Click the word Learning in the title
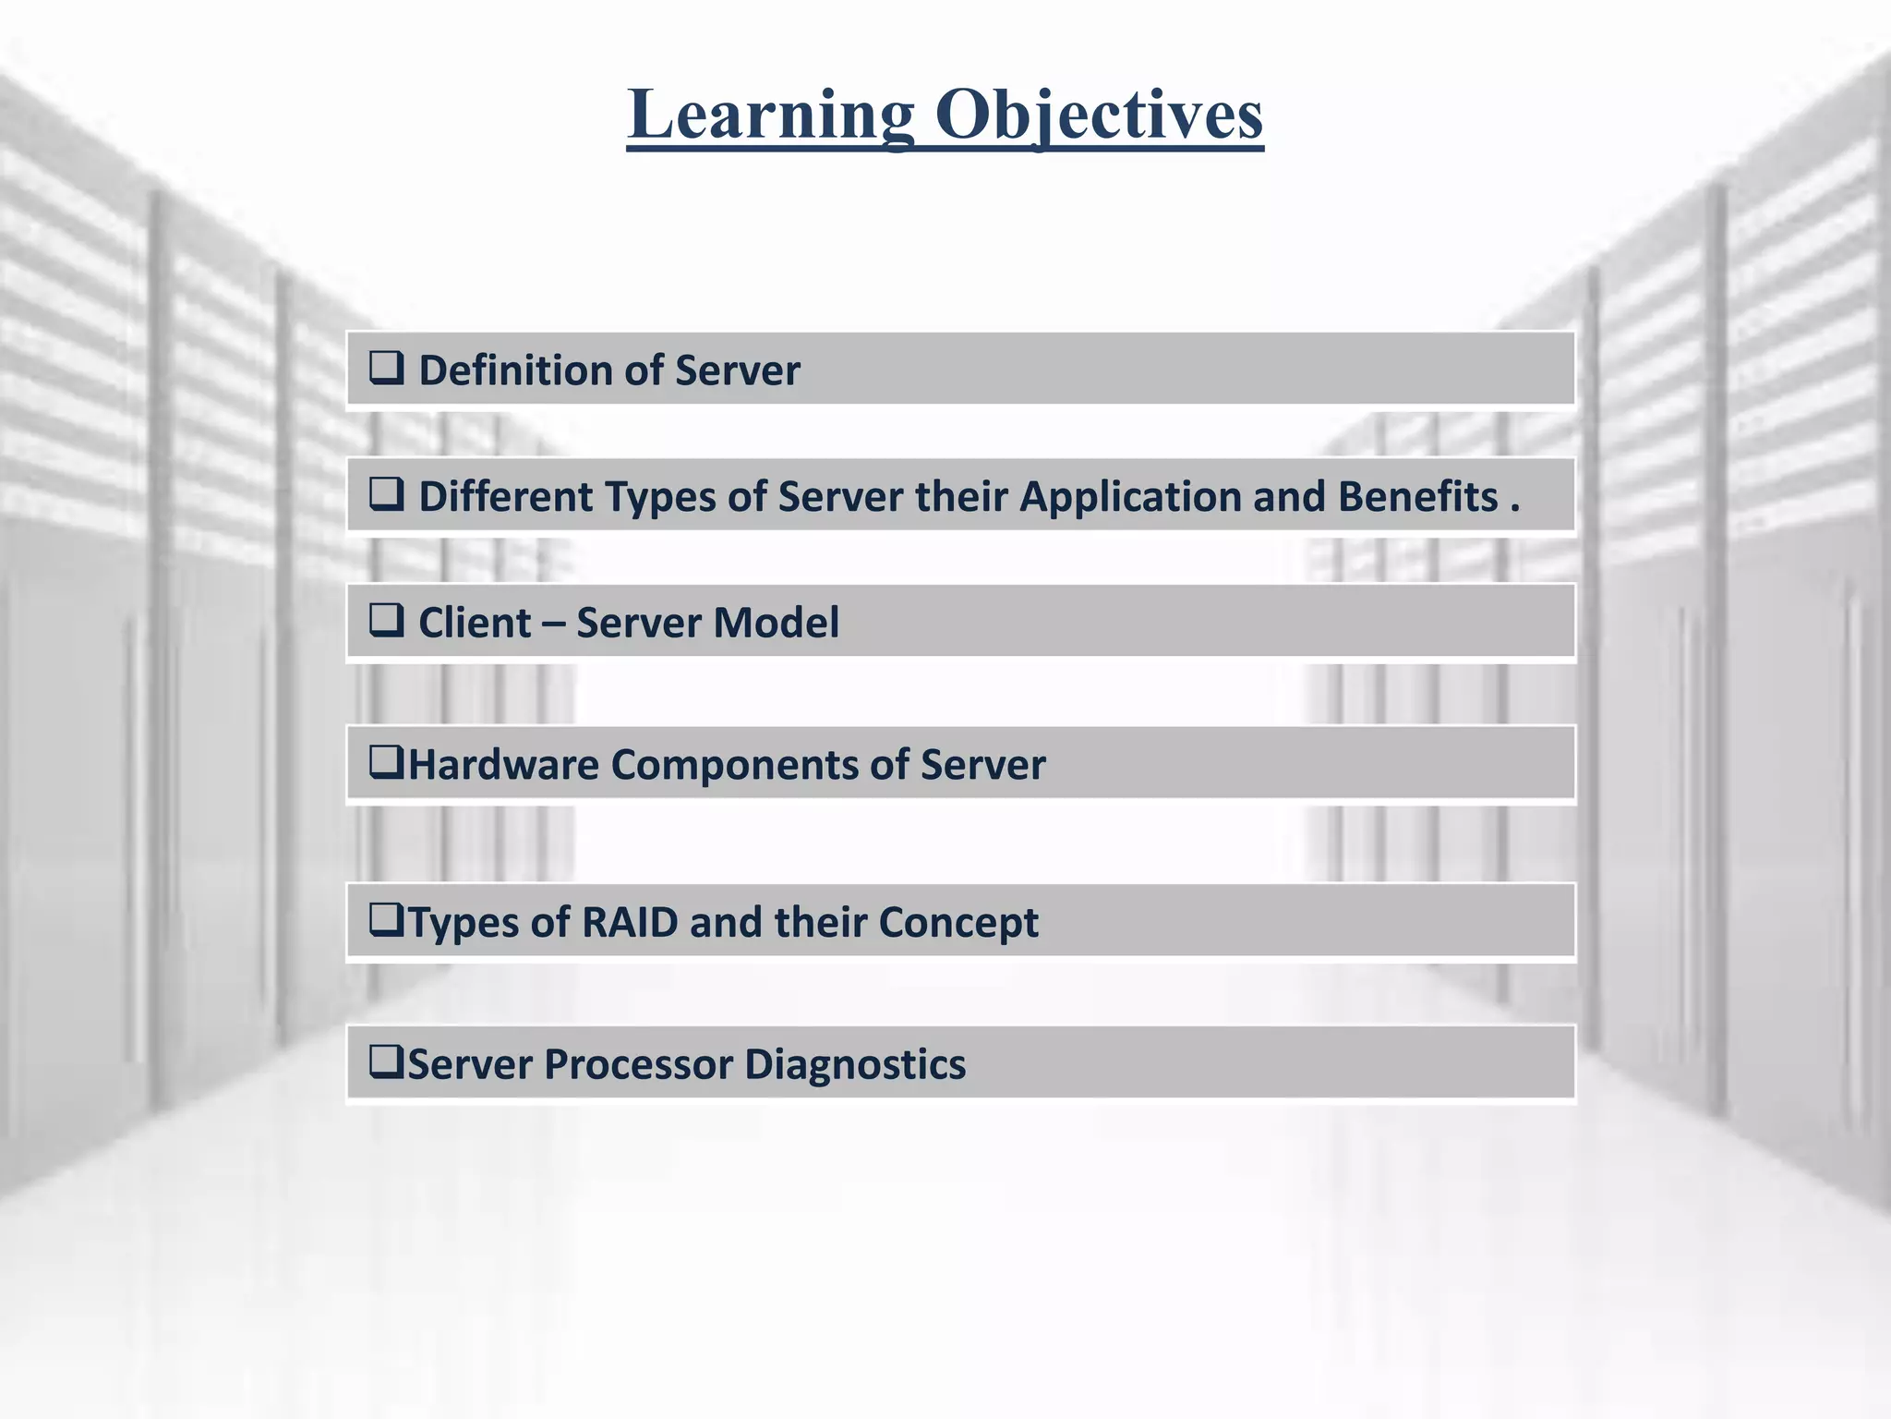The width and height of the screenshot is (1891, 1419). [771, 115]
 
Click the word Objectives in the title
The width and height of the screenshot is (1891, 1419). [1099, 115]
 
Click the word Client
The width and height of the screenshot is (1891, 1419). [475, 623]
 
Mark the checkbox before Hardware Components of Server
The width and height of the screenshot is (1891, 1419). [386, 762]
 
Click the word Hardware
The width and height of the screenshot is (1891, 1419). [503, 765]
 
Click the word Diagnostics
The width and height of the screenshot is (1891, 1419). [855, 1064]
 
